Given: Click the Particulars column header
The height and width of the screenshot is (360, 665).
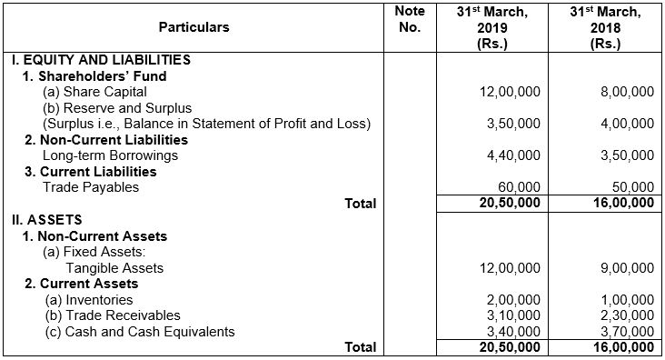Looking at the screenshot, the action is (194, 27).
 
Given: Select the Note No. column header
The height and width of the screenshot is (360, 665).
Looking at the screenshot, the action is (411, 19).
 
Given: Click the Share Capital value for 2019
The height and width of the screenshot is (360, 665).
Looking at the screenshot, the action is (508, 93).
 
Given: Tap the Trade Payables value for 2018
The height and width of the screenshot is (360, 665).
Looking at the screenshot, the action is (629, 186).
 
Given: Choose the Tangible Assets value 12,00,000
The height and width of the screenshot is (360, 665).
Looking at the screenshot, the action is (508, 267).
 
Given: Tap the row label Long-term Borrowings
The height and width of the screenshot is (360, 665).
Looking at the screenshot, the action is (110, 155).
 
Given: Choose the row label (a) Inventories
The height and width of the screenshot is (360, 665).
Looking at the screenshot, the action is (88, 300).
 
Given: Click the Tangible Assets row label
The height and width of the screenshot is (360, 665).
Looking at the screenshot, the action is (114, 267).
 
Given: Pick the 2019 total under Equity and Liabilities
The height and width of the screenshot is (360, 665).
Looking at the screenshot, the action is (510, 204).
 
